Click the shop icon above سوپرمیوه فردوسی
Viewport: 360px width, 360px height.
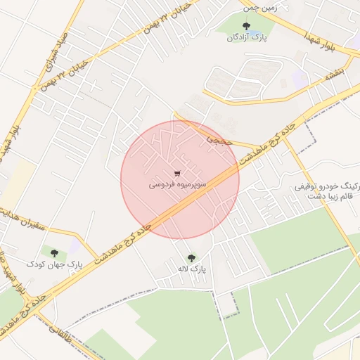177,173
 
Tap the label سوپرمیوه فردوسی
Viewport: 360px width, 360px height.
177,186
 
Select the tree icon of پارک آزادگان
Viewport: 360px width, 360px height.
245,26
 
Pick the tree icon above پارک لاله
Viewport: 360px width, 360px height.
191,257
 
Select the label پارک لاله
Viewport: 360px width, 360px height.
191,269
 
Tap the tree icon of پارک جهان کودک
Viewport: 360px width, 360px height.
54,252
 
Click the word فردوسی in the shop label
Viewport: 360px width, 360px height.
161,186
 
